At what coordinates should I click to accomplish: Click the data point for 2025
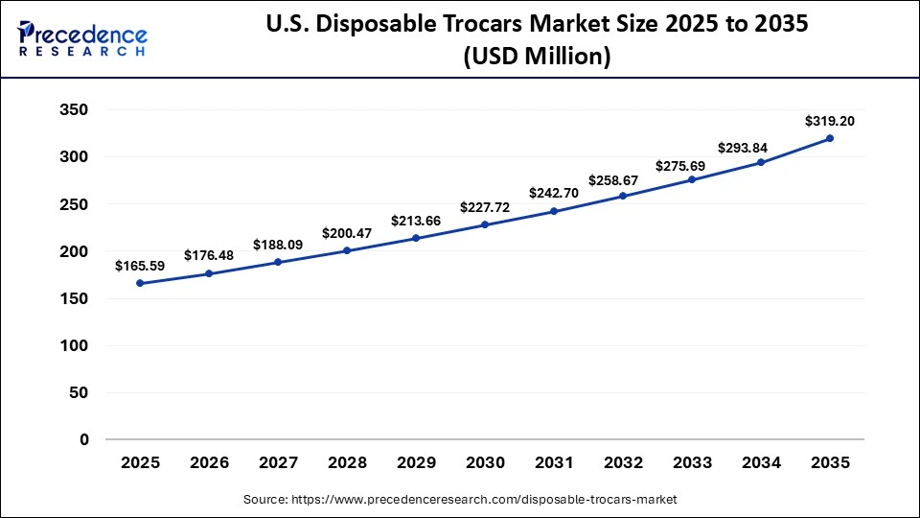pyautogui.click(x=140, y=283)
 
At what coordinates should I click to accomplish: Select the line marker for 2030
pyautogui.click(x=485, y=224)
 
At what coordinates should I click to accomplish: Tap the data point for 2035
pyautogui.click(x=830, y=138)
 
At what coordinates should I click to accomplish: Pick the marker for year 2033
pyautogui.click(x=692, y=179)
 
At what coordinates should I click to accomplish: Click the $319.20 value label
pyautogui.click(x=830, y=122)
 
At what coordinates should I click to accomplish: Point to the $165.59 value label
pyautogui.click(x=139, y=266)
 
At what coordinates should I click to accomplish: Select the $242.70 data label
pyautogui.click(x=553, y=193)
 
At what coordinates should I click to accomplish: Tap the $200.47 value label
pyautogui.click(x=346, y=232)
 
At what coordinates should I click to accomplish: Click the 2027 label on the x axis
pyautogui.click(x=278, y=462)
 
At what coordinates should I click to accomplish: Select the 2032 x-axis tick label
pyautogui.click(x=623, y=462)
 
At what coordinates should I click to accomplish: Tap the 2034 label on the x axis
pyautogui.click(x=761, y=462)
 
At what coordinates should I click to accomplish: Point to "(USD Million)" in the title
pyautogui.click(x=537, y=57)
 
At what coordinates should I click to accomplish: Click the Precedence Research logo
pyautogui.click(x=82, y=39)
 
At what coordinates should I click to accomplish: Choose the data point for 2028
pyautogui.click(x=347, y=250)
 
